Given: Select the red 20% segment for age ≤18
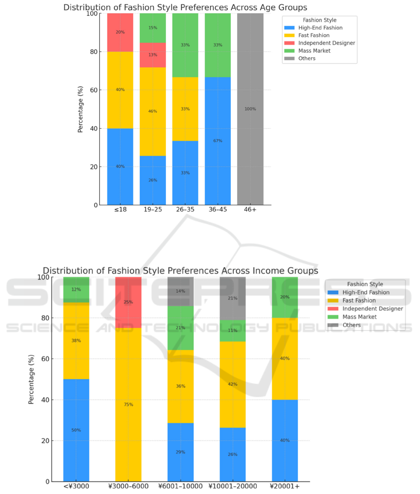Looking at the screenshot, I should coord(120,32).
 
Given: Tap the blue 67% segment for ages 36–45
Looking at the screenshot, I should coord(218,141).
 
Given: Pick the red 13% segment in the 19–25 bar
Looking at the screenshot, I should coord(152,55).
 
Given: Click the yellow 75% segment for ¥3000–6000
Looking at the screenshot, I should coord(128,405).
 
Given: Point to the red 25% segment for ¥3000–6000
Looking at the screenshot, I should coord(128,302).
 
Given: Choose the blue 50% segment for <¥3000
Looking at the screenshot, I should coord(76,430).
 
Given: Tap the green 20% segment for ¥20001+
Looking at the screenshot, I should coord(285,297).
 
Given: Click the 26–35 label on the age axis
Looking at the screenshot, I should coord(185,211).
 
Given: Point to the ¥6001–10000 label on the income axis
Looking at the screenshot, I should coord(180,487).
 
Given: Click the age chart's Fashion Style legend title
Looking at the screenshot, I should coord(319,21).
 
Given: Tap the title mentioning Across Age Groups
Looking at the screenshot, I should coord(185,7).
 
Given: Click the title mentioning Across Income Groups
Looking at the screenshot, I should coord(180,271).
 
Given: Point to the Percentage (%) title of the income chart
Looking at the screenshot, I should coord(31,379).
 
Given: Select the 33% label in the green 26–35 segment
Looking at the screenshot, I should coord(185,45).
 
